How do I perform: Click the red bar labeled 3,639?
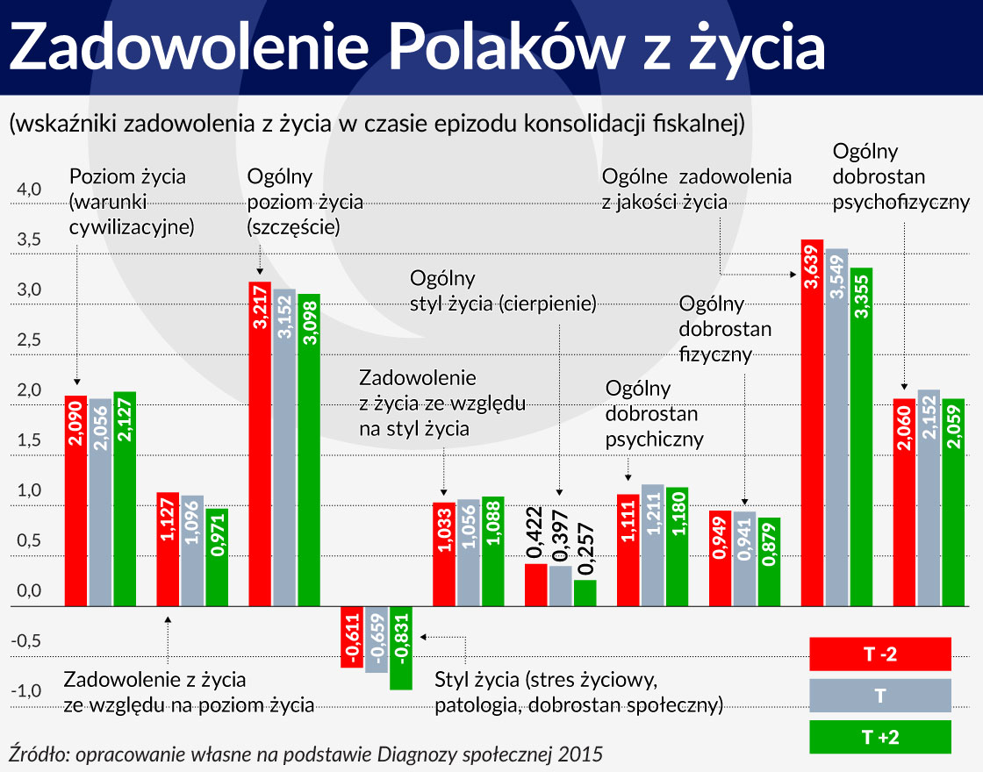(x=812, y=421)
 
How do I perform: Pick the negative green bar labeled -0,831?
(x=401, y=647)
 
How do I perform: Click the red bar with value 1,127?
(x=168, y=548)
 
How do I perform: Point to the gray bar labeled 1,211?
(x=652, y=545)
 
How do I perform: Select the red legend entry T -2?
(x=880, y=653)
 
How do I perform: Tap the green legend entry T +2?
(x=880, y=737)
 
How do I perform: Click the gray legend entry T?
(x=880, y=695)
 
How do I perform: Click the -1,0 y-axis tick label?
(x=26, y=690)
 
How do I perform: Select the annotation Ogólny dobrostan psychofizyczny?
(x=900, y=176)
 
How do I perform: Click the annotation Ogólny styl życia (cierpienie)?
(x=503, y=291)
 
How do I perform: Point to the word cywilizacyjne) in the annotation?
(x=132, y=227)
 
